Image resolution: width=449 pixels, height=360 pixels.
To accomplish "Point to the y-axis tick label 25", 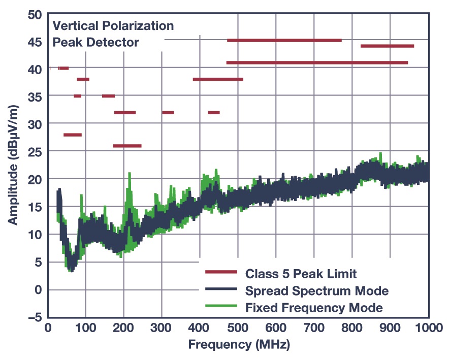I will point(34,151).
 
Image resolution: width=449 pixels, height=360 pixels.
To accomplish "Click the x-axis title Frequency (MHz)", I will point(239,346).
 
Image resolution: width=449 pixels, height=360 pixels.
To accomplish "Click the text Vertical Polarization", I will point(113,25).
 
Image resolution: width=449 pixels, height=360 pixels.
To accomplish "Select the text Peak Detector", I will point(96,42).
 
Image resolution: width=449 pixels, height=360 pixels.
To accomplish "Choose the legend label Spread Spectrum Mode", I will point(316,291).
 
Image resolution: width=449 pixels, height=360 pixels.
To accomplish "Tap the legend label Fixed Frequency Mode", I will point(313,308).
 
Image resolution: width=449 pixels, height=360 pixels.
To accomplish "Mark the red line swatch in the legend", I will point(221,273).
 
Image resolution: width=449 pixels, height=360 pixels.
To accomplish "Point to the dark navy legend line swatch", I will point(221,290).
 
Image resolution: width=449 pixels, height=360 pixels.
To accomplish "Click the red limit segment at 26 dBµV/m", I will point(127,146).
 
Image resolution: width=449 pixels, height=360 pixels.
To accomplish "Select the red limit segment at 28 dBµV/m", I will point(72,135).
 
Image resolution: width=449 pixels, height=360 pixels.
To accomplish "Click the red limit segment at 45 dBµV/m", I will point(284,40).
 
